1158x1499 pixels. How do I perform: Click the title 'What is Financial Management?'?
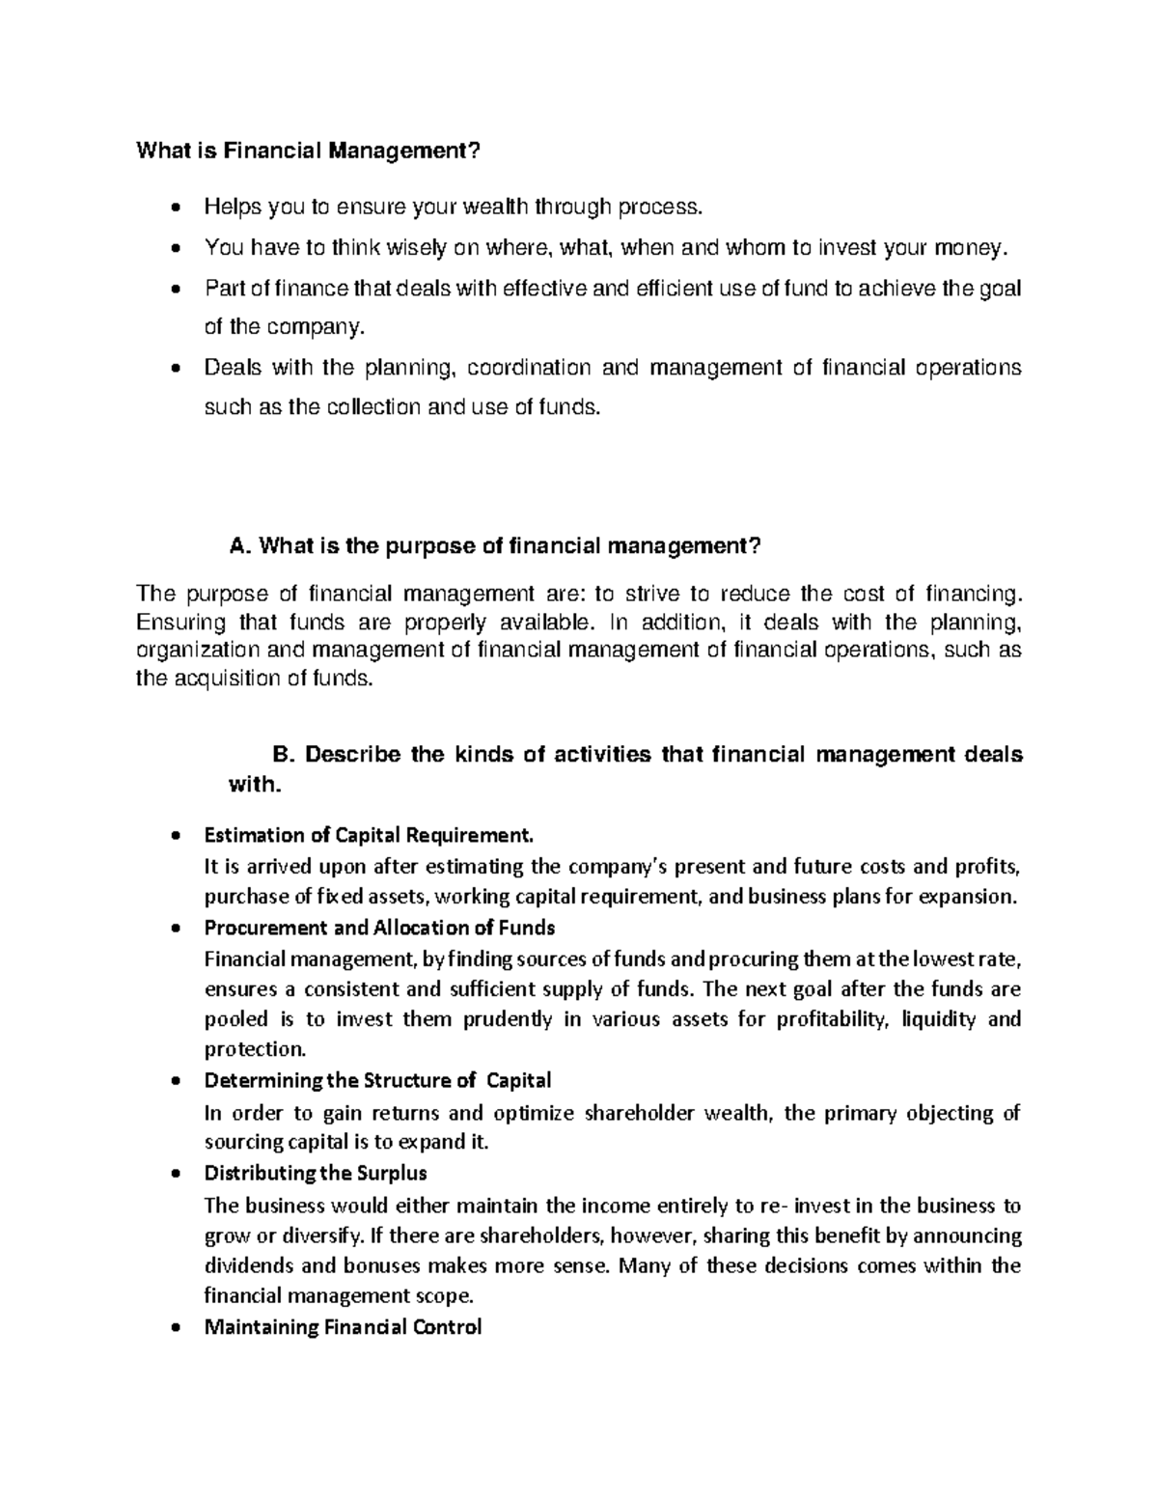pyautogui.click(x=307, y=151)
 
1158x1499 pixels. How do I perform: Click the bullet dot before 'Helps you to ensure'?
pyautogui.click(x=174, y=208)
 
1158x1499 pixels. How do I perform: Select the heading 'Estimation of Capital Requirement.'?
pyautogui.click(x=368, y=834)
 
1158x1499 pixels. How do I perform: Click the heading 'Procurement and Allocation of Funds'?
pyautogui.click(x=379, y=928)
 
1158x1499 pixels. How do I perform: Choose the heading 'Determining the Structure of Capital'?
pyautogui.click(x=377, y=1080)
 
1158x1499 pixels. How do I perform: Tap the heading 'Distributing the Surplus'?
pyautogui.click(x=316, y=1174)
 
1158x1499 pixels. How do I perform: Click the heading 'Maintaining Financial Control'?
pyautogui.click(x=343, y=1327)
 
